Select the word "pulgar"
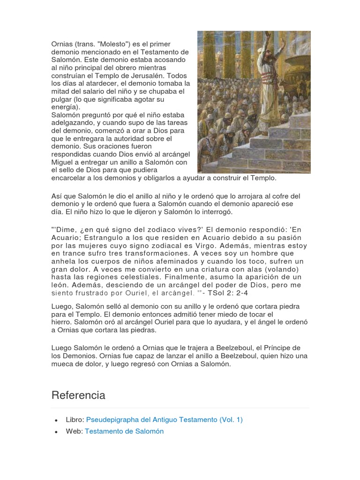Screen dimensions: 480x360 62,99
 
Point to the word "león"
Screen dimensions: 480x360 60,285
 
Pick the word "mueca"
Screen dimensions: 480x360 62,363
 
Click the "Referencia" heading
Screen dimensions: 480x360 78,395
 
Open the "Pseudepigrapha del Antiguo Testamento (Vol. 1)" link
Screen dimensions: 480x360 165,420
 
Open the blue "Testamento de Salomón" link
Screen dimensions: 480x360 124,431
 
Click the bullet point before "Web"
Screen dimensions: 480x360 56,432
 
